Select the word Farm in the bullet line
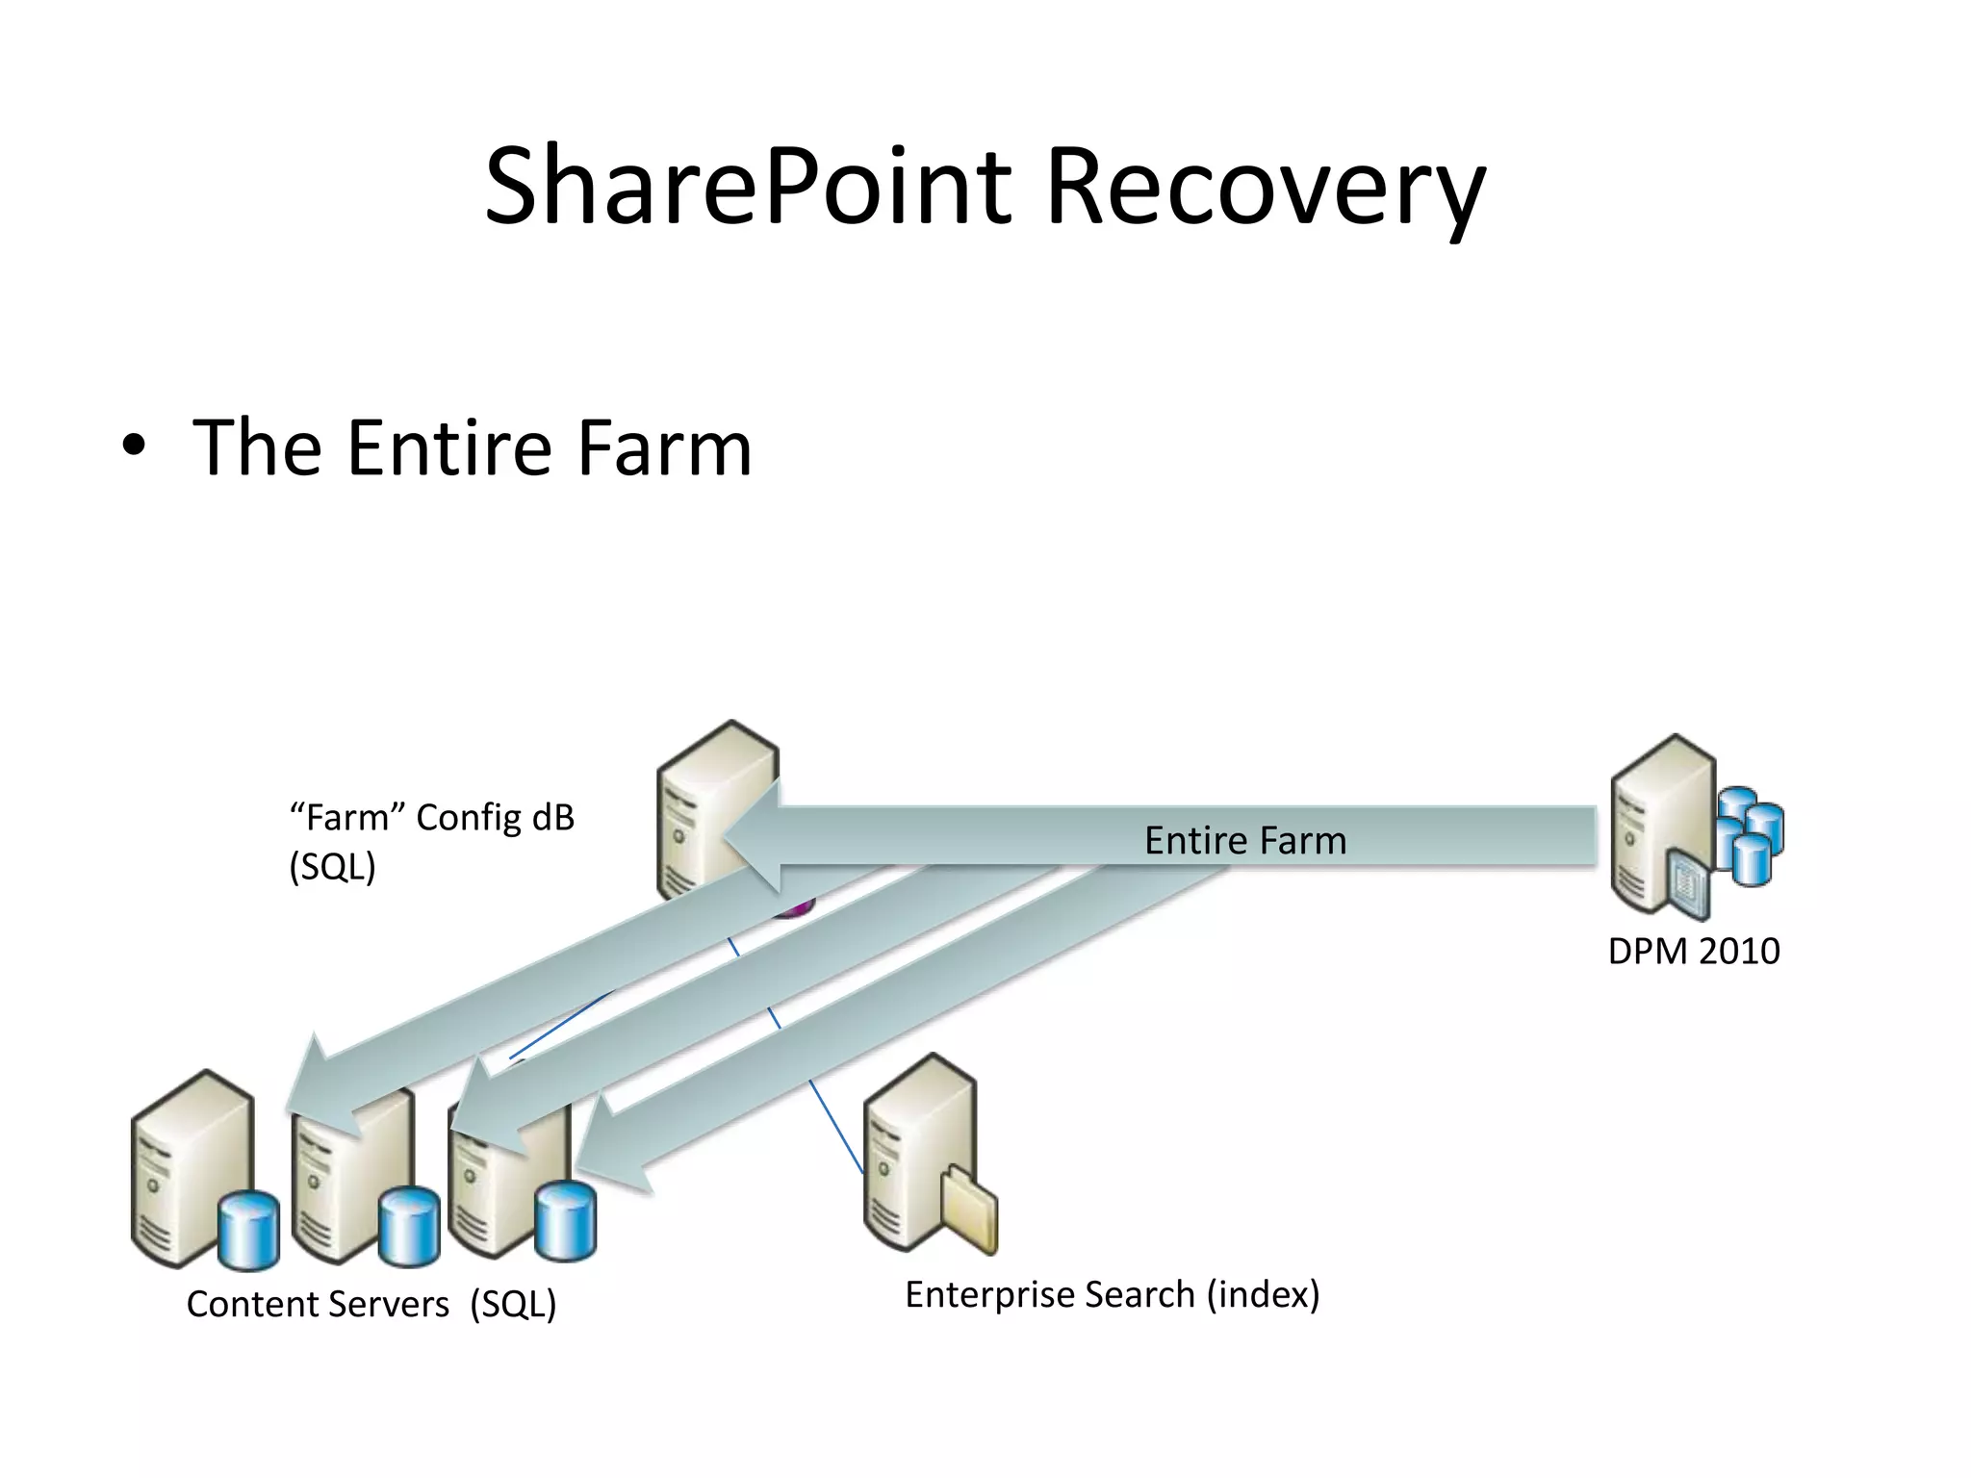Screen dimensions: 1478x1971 point(664,447)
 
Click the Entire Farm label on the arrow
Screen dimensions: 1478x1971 point(1244,841)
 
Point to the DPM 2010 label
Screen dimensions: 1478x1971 point(1694,951)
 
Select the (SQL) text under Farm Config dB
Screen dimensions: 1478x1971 point(332,867)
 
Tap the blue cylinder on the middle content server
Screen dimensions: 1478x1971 point(409,1227)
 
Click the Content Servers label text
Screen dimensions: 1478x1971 point(318,1305)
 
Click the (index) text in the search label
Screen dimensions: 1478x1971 point(1263,1295)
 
